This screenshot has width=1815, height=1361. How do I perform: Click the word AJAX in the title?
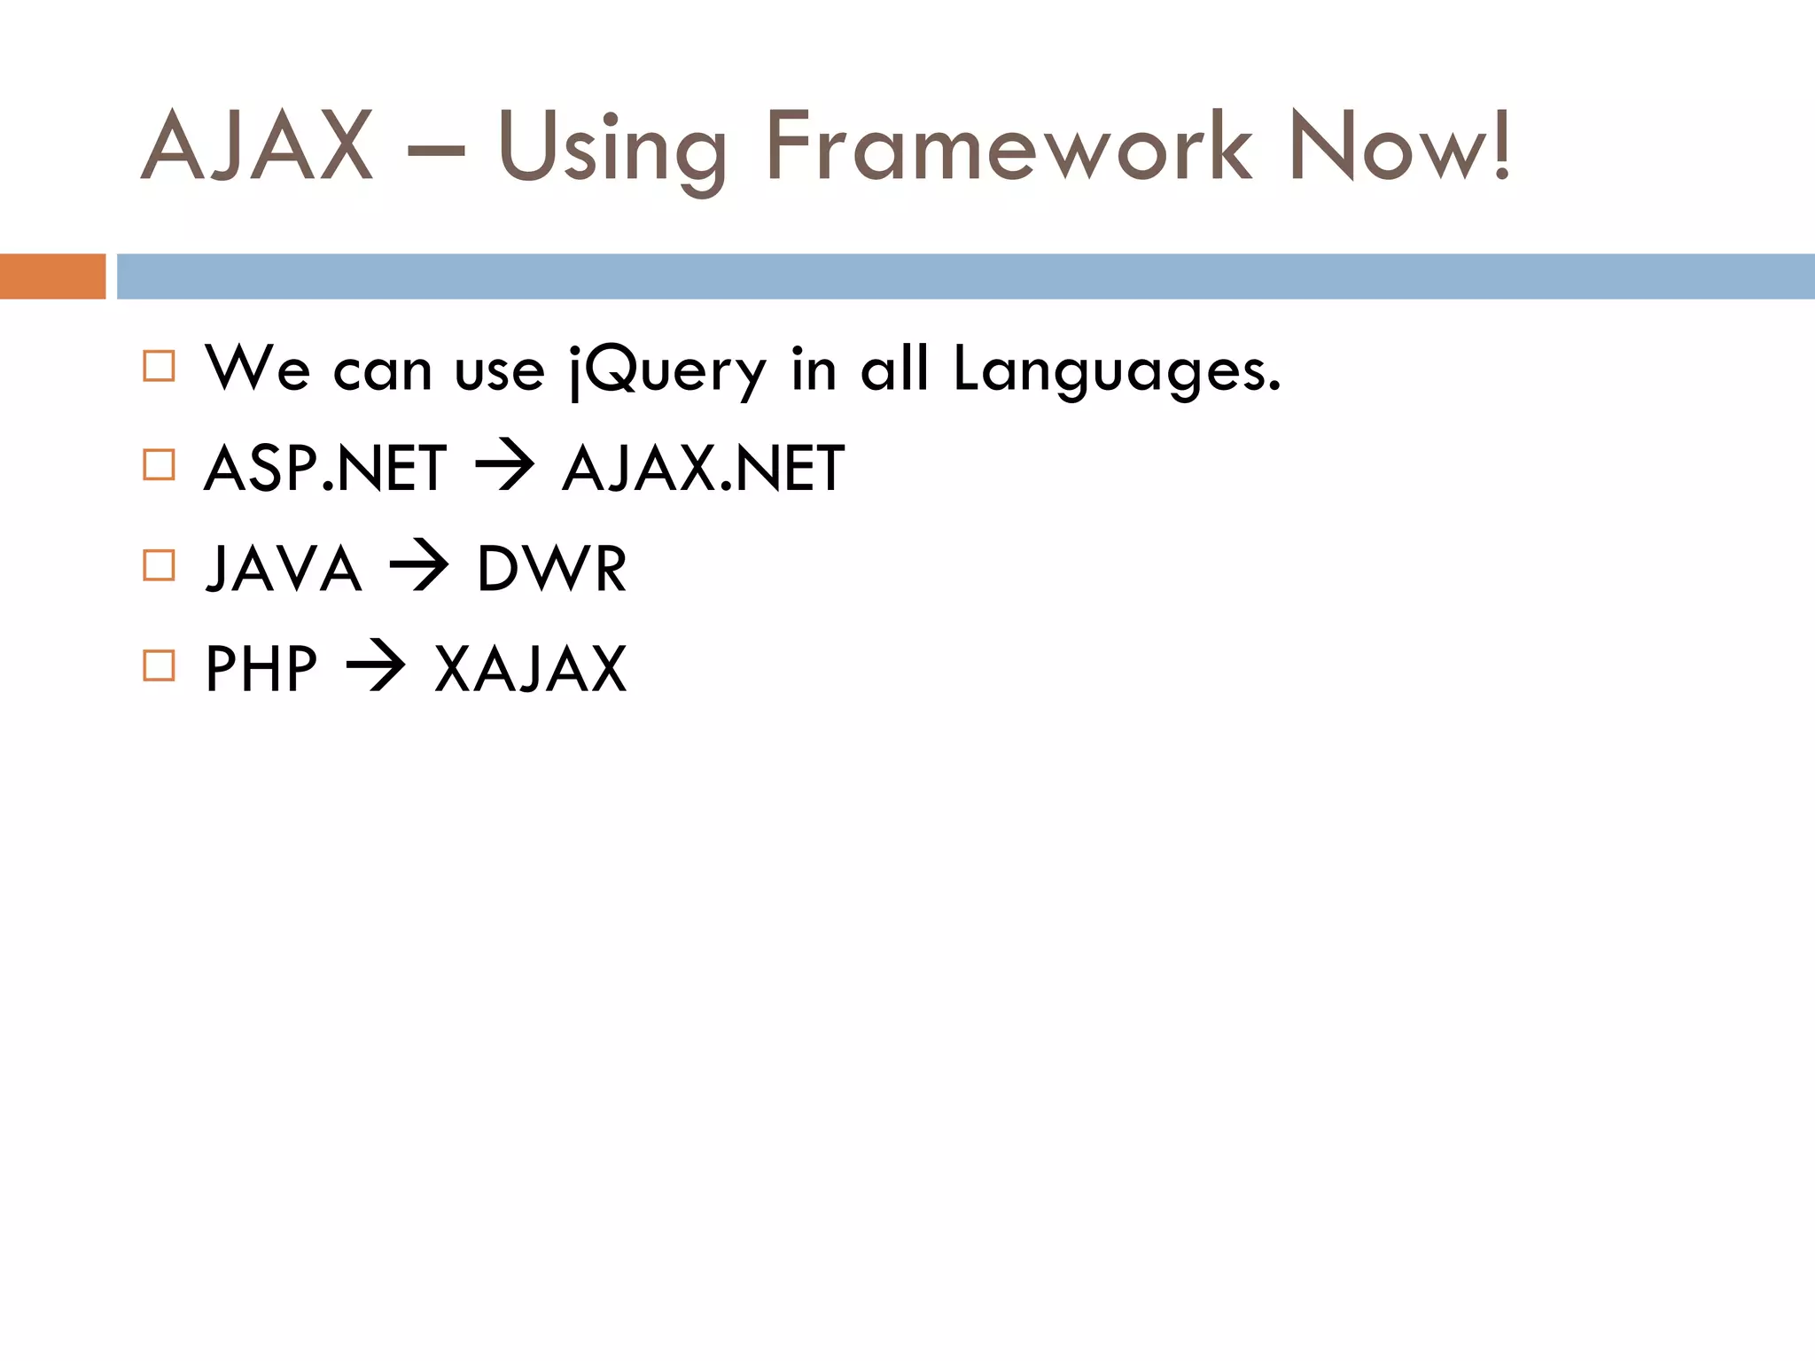coord(257,147)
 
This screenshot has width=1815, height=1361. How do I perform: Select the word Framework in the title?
coord(1009,147)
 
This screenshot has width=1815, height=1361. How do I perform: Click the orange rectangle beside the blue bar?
coord(52,276)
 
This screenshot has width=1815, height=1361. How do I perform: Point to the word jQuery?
coord(666,370)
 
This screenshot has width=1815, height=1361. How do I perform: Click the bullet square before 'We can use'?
coord(159,366)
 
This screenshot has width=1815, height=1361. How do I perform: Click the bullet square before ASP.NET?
coord(159,465)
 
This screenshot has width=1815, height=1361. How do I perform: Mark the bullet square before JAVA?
coord(159,565)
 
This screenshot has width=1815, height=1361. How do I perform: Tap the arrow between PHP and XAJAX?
coord(375,666)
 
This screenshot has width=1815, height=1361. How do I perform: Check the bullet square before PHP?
coord(159,665)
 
